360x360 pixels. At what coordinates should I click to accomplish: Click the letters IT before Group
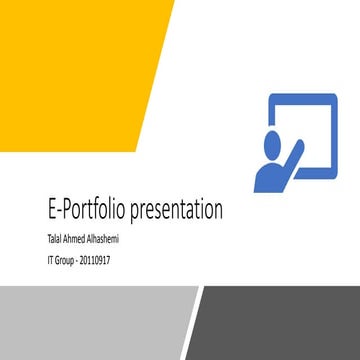click(x=50, y=259)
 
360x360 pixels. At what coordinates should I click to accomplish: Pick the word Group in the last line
click(x=67, y=259)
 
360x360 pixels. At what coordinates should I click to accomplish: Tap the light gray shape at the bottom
click(x=90, y=320)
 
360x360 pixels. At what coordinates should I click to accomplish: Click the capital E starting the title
click(x=52, y=211)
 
